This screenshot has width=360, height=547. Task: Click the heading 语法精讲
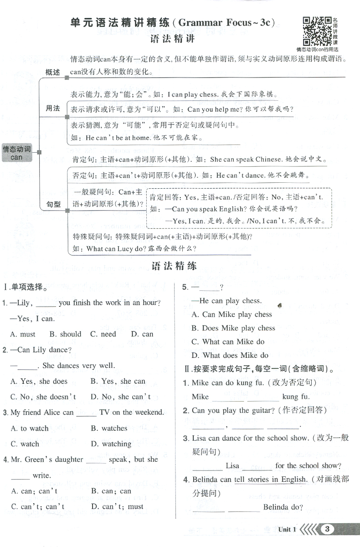coord(172,39)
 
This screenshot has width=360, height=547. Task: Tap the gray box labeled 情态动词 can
coord(17,153)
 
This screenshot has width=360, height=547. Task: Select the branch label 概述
coord(53,73)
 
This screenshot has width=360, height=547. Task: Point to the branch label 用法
coord(53,108)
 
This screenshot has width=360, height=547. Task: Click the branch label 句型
coord(53,205)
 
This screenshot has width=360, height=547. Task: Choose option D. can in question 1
coord(142,334)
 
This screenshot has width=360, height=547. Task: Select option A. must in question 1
coord(22,334)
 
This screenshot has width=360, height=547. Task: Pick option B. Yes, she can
coord(118,381)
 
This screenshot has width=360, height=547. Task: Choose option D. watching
coord(111,444)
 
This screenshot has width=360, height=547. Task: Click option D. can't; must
coord(117,506)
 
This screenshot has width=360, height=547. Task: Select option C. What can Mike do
coord(228,342)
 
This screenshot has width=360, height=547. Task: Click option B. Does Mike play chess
coord(233,328)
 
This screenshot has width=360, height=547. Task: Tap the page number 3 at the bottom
coord(328,529)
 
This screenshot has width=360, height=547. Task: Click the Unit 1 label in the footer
coord(287,529)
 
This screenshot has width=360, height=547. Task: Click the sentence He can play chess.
coord(230,301)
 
